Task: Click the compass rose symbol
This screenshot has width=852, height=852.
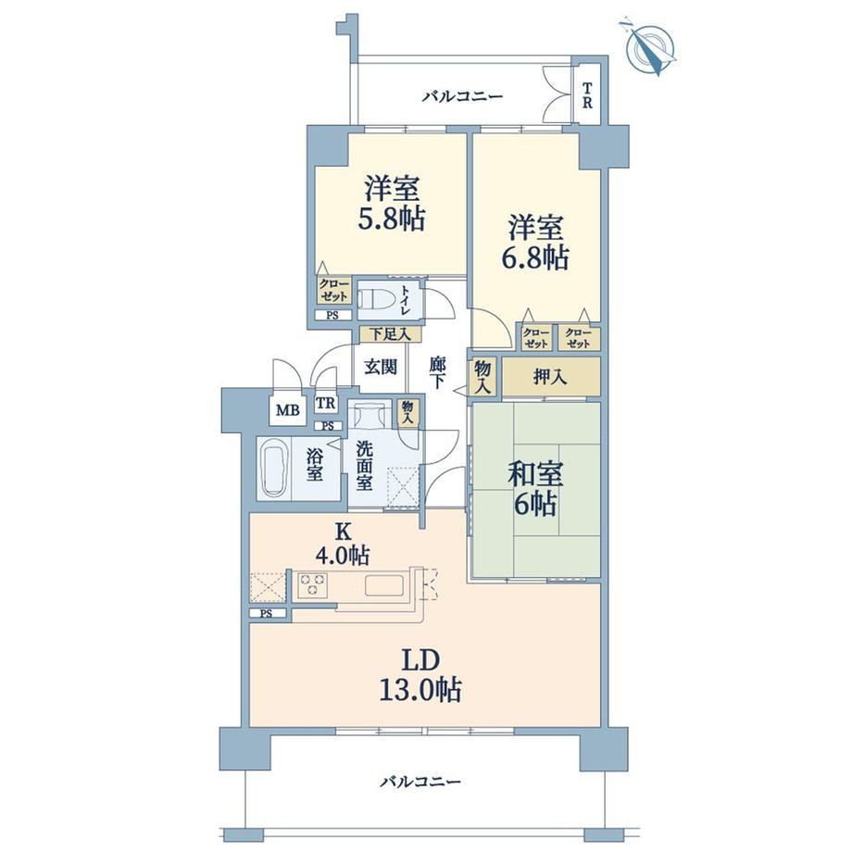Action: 649,47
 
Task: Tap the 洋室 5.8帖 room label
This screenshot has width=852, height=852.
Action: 391,204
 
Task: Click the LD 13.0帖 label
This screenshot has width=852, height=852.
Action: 422,675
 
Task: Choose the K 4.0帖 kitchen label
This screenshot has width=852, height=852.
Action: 343,543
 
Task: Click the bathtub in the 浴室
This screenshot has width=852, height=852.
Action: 274,469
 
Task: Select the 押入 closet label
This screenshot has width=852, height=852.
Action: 550,376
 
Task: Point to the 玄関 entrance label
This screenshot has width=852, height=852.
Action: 381,368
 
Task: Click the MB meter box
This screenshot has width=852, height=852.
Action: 287,409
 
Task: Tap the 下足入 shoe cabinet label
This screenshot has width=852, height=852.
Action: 390,333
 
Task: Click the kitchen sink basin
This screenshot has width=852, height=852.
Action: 384,585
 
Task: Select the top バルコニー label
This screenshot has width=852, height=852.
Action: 463,97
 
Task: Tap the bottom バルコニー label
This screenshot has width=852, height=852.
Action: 420,782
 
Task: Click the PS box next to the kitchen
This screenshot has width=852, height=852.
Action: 267,613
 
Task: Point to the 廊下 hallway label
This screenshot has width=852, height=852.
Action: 437,372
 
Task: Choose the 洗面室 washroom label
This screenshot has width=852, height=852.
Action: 364,465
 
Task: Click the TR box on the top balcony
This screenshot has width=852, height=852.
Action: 587,95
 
